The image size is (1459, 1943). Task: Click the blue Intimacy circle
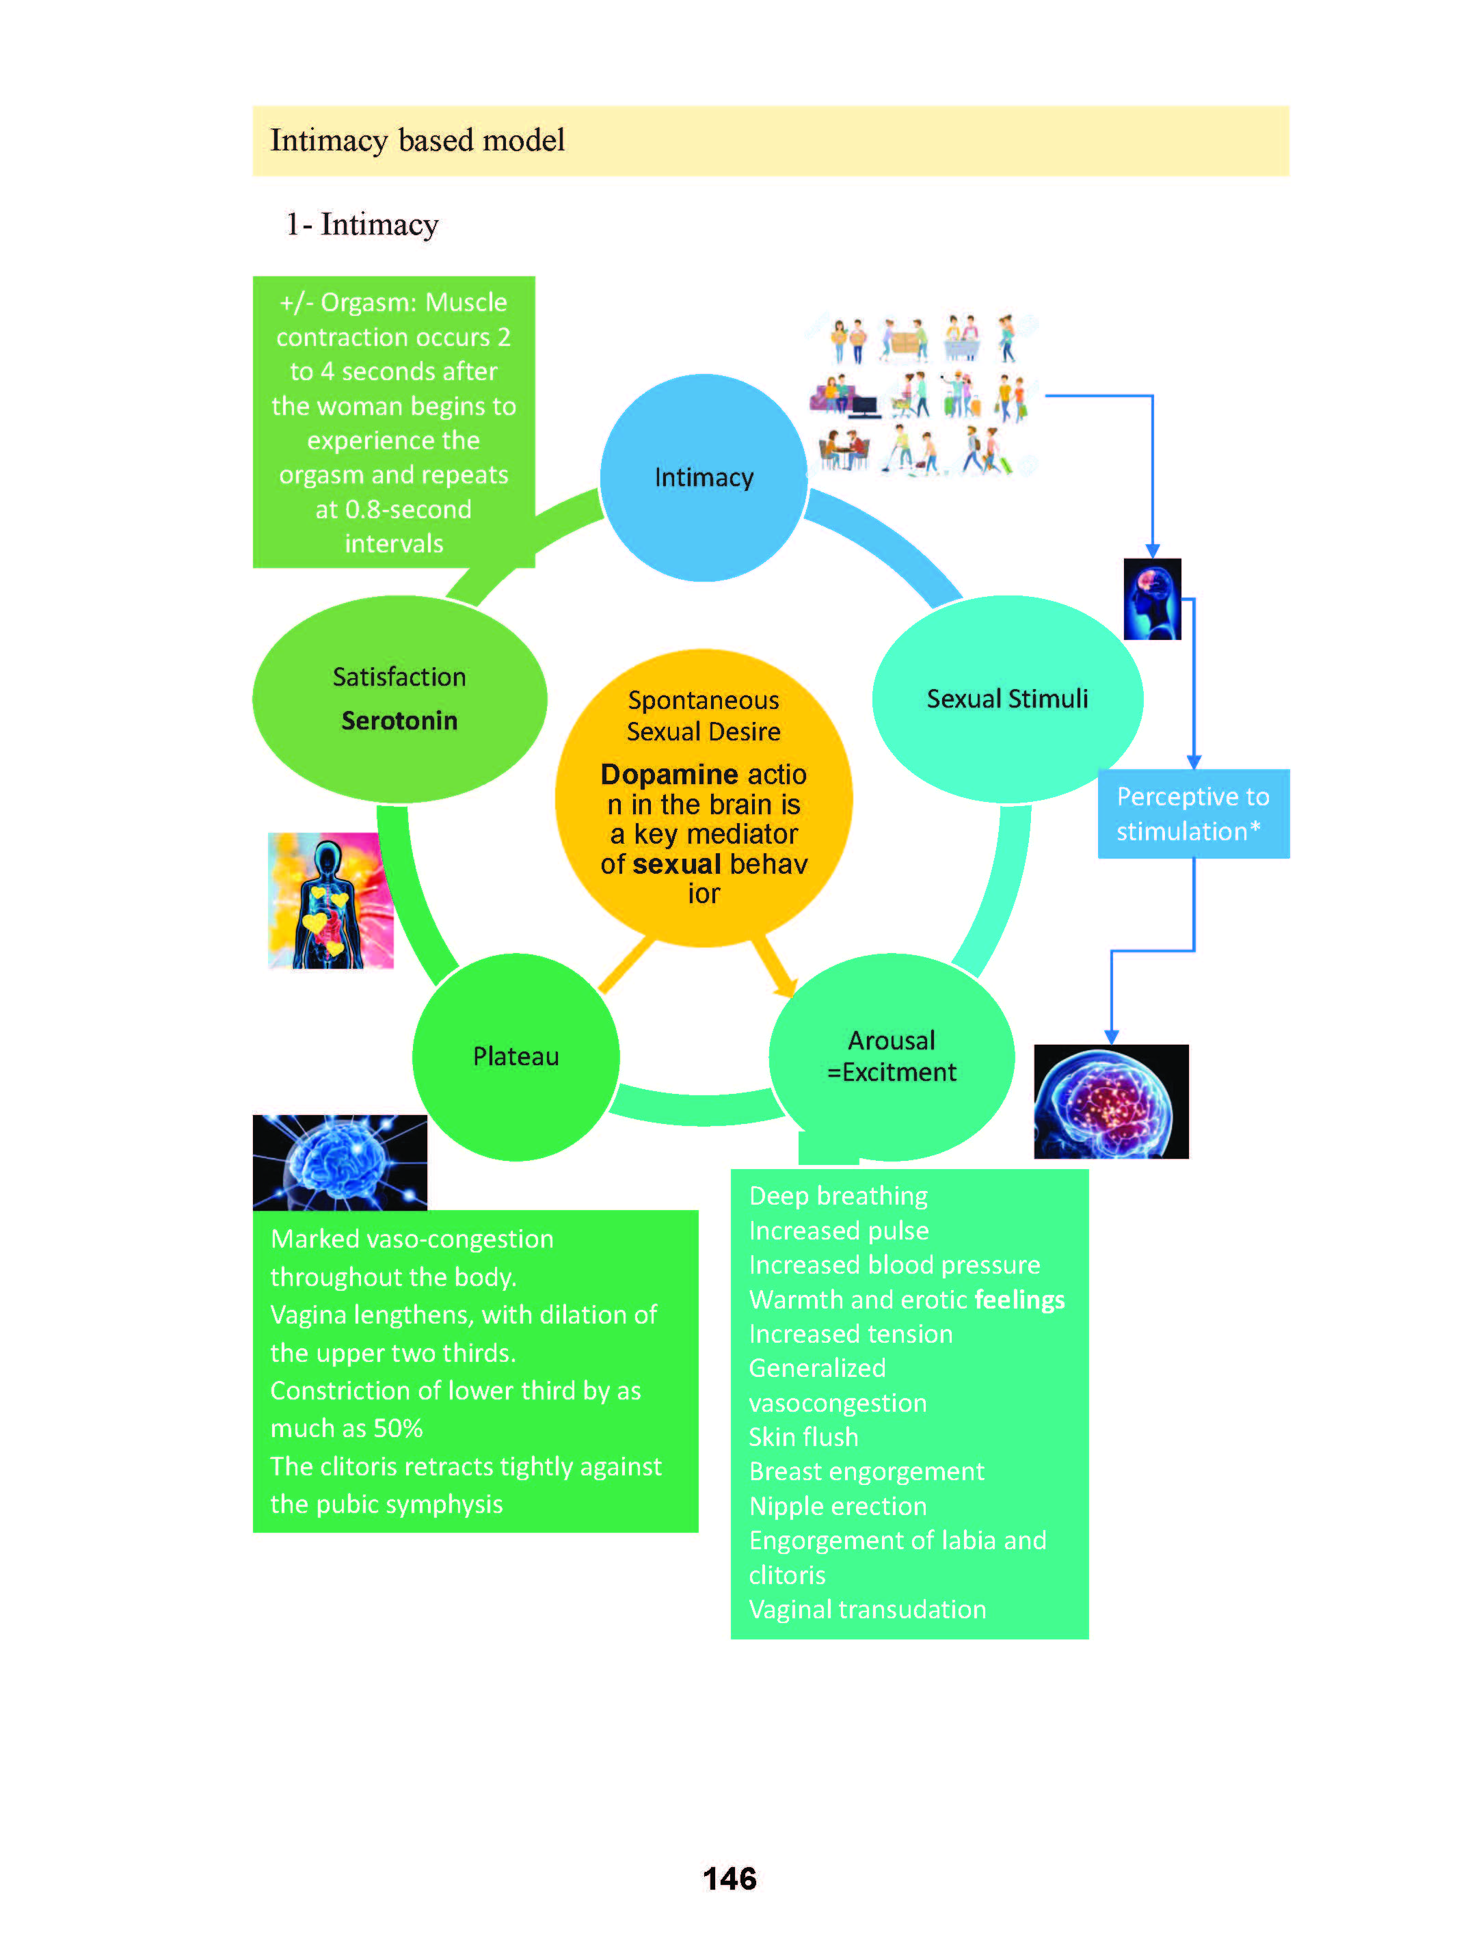coord(703,477)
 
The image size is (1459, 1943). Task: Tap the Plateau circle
coord(516,1056)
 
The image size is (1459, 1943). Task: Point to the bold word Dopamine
coord(669,774)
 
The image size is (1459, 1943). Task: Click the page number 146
coord(729,1878)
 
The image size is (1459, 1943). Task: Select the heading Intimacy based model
coord(417,141)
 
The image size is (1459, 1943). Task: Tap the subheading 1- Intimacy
coord(362,224)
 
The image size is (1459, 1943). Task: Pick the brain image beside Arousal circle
coord(1110,1101)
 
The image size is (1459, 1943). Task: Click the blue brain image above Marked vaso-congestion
coord(340,1162)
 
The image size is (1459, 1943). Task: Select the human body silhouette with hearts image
coord(330,900)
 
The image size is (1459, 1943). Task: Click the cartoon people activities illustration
coord(922,395)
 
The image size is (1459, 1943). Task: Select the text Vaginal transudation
coord(867,1609)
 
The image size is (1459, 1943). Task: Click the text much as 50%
coord(346,1428)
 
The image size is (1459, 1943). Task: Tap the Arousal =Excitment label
coord(891,1056)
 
